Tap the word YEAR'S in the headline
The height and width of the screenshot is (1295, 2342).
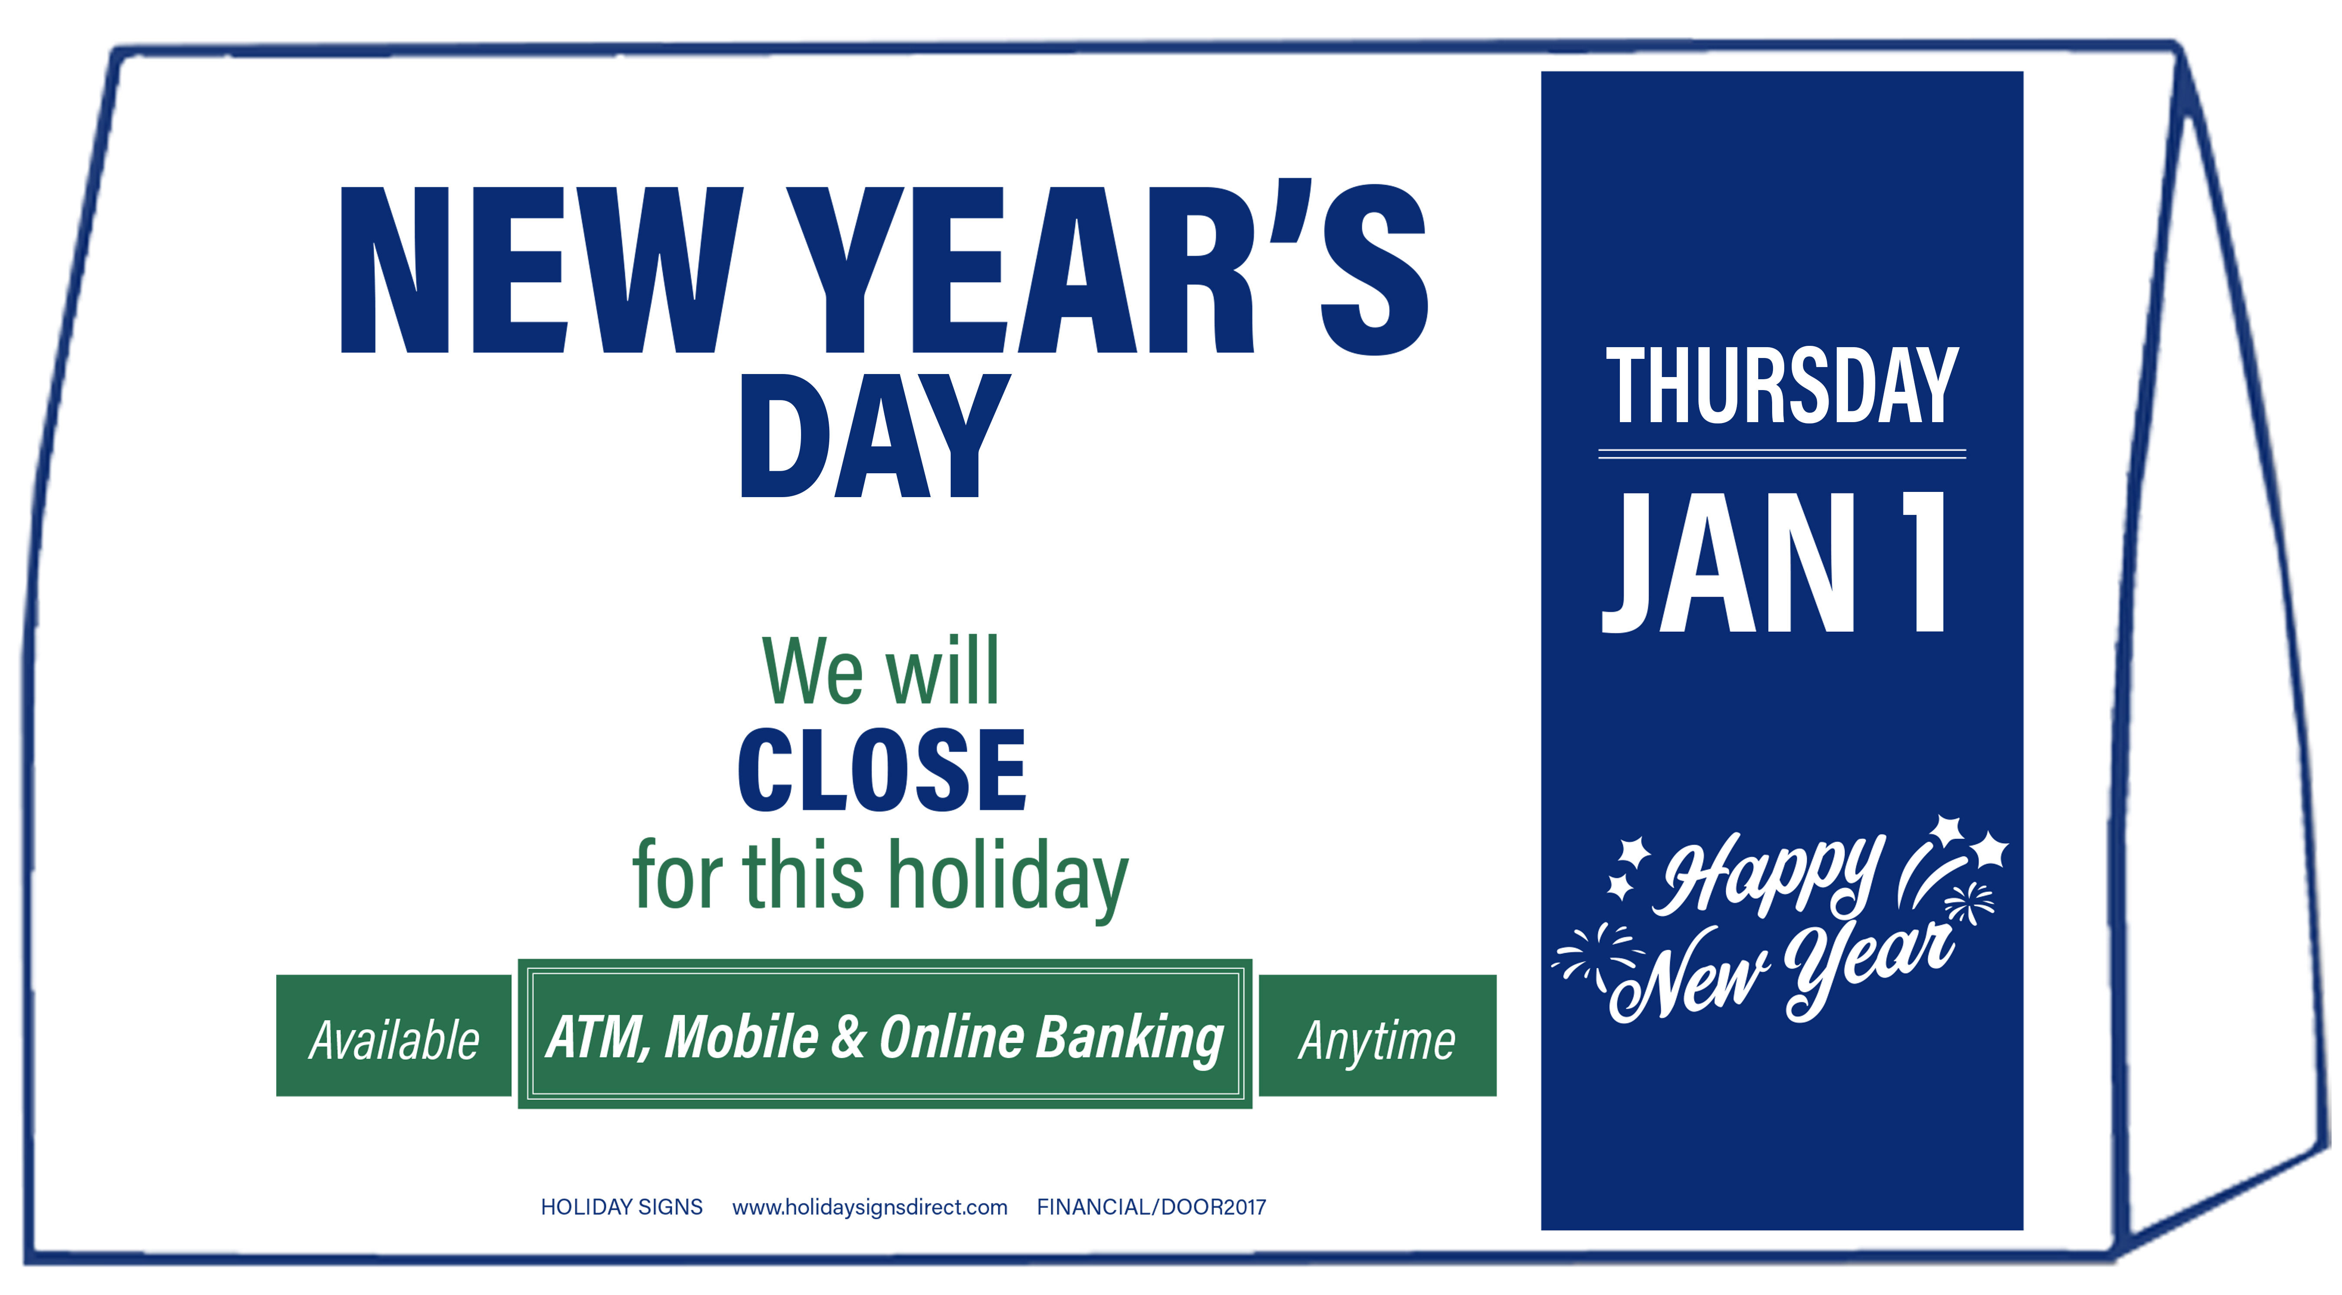coord(1107,267)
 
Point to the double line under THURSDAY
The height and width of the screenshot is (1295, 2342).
coord(1782,453)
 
